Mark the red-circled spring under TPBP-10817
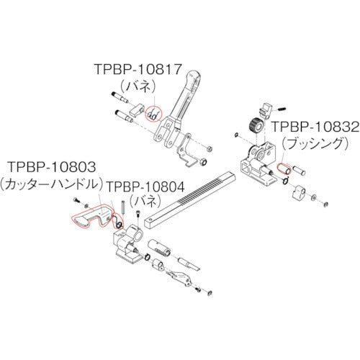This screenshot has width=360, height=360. [152, 114]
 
